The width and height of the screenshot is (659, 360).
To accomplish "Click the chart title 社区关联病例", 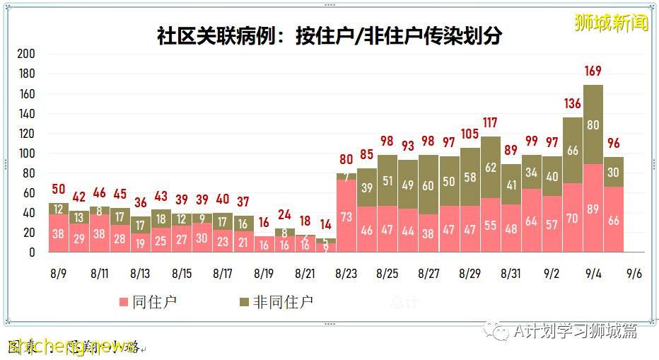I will (x=329, y=35).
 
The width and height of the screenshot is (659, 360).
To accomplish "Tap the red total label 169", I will (x=593, y=71).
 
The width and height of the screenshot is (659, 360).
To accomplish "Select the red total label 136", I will (x=572, y=104).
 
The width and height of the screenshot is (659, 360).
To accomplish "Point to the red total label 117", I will (x=490, y=123).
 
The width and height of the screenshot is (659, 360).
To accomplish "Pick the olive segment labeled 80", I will (x=593, y=124).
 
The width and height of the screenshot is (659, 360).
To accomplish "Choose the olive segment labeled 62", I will (x=490, y=168).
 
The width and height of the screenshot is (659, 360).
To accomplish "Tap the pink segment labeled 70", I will (x=572, y=218).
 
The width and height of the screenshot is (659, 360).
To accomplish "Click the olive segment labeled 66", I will (x=572, y=151).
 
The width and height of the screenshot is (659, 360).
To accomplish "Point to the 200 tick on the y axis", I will (x=26, y=54).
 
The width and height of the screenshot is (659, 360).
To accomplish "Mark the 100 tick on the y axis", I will (x=26, y=153).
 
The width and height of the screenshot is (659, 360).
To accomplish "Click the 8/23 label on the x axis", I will (x=346, y=273).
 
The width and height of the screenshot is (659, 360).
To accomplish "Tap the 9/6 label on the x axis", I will (x=634, y=273).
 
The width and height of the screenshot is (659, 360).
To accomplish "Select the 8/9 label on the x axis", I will (x=58, y=273).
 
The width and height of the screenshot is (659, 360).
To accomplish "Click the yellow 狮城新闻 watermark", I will (x=611, y=23).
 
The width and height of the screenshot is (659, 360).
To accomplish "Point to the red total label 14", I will (x=325, y=224).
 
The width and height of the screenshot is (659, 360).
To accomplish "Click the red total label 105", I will (x=469, y=134).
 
